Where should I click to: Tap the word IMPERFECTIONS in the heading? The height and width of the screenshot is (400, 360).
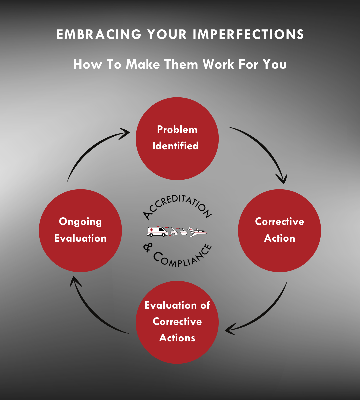pos(248,34)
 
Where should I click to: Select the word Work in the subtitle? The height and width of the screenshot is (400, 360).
pos(218,64)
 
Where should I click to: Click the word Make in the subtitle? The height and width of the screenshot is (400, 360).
pos(143,64)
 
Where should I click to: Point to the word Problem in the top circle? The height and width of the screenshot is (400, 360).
pos(177,130)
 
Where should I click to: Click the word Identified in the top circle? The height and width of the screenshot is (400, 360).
pos(176,146)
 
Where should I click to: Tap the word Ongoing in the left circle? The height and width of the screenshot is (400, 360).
pos(80,222)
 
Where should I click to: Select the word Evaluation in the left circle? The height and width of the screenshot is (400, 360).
pos(80,238)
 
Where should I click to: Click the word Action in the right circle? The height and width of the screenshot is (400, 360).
pos(279,238)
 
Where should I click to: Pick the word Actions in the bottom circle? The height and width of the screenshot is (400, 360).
pos(177,338)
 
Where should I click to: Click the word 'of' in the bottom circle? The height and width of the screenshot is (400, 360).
pos(205,305)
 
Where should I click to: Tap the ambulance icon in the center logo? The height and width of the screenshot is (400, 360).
pos(157,231)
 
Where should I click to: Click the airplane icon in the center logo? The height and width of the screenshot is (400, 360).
pos(197,232)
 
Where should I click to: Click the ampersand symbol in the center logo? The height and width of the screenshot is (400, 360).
pos(148,247)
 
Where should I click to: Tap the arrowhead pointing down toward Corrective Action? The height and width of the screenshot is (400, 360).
pos(282,179)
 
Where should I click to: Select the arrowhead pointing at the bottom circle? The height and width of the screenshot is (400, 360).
pos(230,330)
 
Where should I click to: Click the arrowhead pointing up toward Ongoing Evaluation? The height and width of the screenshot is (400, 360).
pos(75,281)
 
